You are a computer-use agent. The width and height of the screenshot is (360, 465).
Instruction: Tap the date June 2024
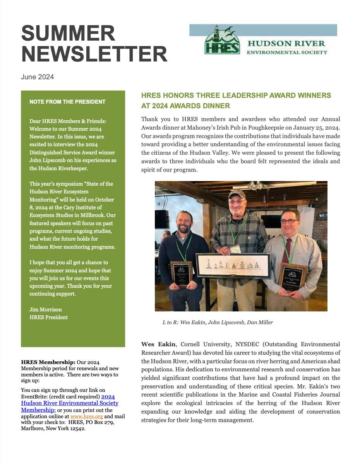(x=38, y=77)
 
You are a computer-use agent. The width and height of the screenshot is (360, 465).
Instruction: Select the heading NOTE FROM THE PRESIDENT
(x=67, y=102)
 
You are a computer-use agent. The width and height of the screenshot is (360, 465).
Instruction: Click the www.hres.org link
(x=86, y=416)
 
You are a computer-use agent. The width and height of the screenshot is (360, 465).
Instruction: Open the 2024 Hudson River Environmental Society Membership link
(x=70, y=403)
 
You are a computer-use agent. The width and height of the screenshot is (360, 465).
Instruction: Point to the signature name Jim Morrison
(x=46, y=309)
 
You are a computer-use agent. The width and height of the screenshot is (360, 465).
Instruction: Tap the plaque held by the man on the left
(x=181, y=273)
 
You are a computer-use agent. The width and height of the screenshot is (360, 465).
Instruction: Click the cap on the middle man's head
(x=237, y=193)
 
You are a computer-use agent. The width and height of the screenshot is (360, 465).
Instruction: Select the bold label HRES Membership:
(x=48, y=362)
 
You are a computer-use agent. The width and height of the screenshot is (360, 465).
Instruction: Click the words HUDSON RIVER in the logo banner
(x=286, y=43)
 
